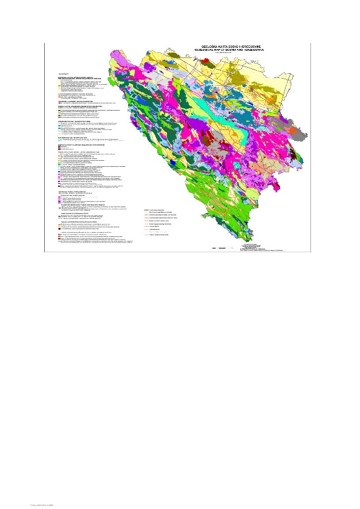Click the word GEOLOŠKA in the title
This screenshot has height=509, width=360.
[203, 45]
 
